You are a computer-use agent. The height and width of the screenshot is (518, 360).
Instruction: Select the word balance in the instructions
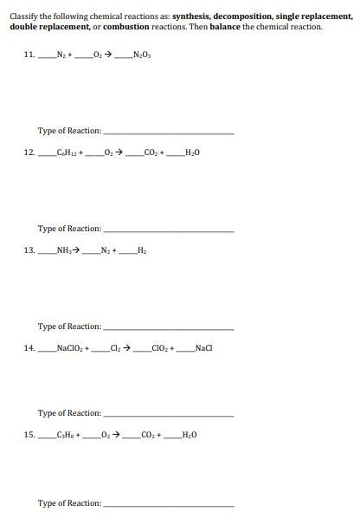[225, 27]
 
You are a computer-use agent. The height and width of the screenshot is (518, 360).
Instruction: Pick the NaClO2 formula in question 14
[68, 348]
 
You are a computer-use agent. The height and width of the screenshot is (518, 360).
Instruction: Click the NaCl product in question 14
[203, 348]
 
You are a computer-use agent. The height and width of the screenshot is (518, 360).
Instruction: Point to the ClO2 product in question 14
[162, 348]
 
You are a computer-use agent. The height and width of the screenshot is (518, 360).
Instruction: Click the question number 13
[29, 251]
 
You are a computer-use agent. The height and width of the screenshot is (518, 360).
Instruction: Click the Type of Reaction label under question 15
[69, 503]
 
